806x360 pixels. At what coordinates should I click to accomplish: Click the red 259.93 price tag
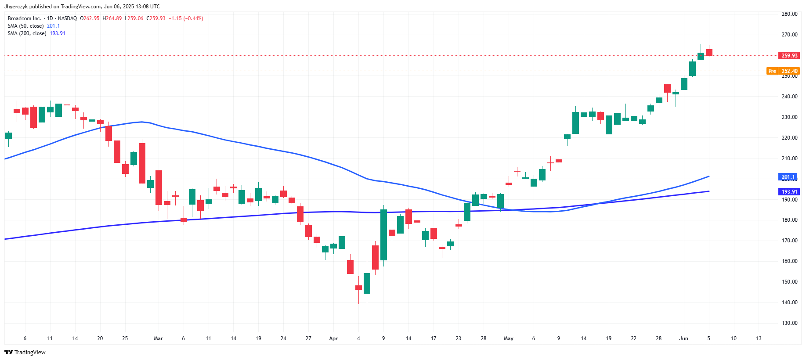789,56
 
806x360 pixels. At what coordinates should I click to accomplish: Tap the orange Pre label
772,71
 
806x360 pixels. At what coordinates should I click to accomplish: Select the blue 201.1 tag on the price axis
788,177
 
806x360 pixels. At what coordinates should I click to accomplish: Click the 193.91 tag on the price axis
789,192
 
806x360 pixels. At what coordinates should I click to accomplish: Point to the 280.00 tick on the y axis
789,14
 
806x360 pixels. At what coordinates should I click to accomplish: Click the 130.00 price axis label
789,323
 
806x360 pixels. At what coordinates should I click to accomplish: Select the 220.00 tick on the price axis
789,138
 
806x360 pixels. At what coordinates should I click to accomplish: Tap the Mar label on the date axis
158,338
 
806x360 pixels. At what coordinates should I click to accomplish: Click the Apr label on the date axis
333,338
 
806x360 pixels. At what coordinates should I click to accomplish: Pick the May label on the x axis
508,338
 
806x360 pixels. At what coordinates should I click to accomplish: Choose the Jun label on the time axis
683,338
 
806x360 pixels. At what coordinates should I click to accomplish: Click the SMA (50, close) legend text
25,26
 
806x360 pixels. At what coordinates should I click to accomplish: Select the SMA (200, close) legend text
27,33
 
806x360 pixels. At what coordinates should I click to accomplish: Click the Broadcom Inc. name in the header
24,18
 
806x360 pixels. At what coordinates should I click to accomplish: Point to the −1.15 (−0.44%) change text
186,18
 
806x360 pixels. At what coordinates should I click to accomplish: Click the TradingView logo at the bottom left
25,352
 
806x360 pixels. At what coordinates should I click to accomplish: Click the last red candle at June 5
709,53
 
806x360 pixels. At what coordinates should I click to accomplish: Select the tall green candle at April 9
383,235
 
